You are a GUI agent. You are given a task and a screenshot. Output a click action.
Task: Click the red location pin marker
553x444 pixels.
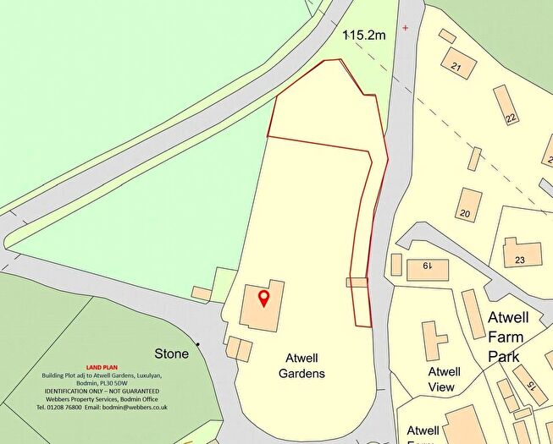click(263, 299)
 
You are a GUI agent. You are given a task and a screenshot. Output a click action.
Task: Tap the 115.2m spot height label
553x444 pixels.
click(364, 36)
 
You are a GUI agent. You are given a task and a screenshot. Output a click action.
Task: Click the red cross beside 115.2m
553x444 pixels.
click(405, 28)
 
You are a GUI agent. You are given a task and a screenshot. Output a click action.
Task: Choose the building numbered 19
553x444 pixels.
click(427, 267)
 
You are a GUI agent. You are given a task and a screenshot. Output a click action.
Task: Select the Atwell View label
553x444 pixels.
click(442, 380)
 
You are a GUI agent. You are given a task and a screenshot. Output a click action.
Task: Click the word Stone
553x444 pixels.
click(171, 354)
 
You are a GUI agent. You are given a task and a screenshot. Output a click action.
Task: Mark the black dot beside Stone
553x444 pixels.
click(197, 344)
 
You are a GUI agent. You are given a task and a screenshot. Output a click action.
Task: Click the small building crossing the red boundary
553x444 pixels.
click(357, 282)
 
